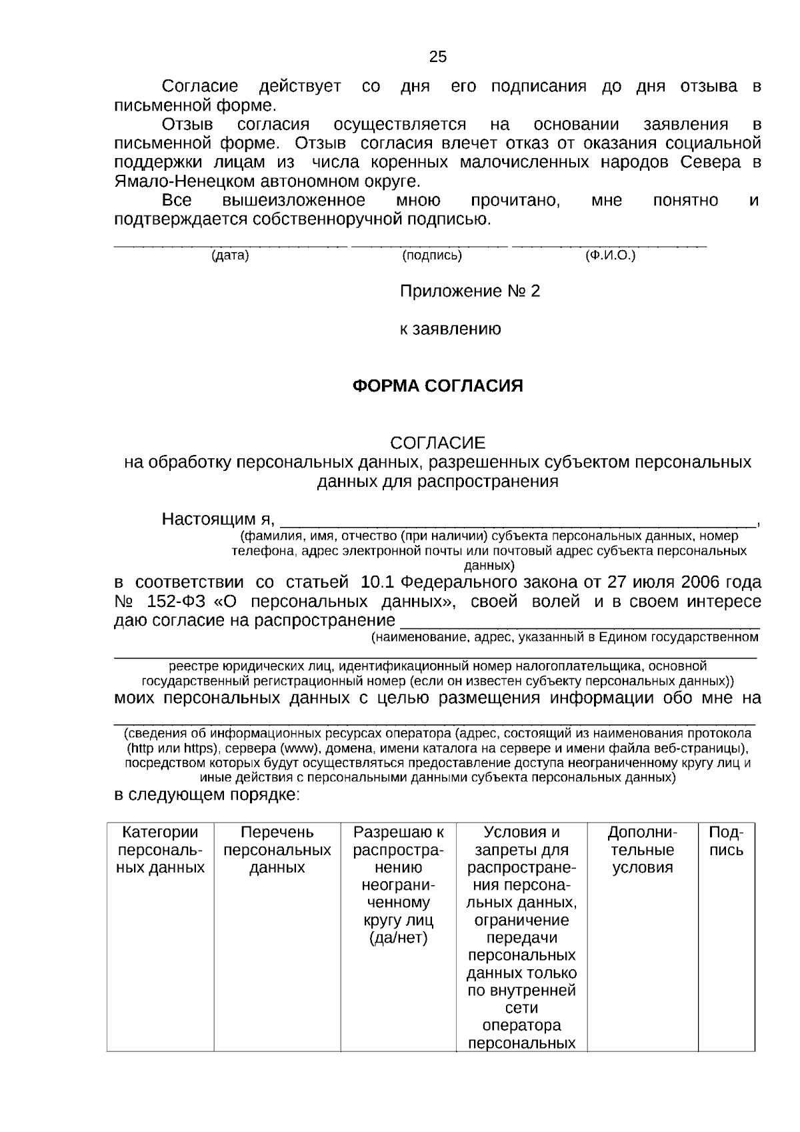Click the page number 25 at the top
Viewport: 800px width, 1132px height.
[438, 57]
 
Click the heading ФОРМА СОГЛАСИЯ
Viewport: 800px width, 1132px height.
[437, 386]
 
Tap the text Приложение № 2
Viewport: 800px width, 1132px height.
[469, 292]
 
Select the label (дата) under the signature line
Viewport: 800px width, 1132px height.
[230, 255]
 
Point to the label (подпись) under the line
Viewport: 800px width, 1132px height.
[432, 255]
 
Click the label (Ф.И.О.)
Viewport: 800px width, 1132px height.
[610, 255]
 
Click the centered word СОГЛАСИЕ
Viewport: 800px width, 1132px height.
[437, 443]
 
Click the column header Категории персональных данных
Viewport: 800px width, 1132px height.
[160, 850]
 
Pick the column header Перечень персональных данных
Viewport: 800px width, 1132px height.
[277, 850]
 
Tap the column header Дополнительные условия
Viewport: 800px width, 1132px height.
[643, 850]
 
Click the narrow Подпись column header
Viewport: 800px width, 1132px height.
[726, 841]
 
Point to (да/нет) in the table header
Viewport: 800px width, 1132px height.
[398, 939]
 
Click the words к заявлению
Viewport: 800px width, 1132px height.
[450, 330]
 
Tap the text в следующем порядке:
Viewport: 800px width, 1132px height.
[207, 795]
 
